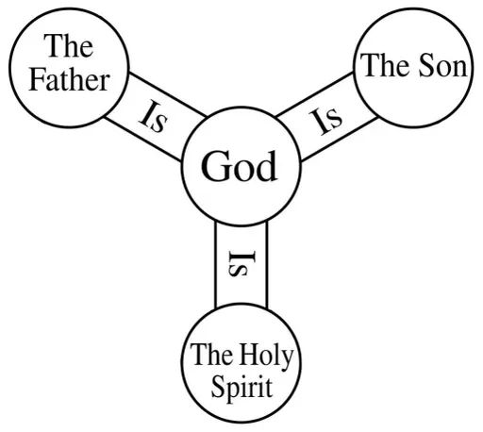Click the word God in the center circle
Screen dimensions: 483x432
(240, 166)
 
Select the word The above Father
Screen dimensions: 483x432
(69, 46)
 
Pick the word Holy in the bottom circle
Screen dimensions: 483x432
(267, 357)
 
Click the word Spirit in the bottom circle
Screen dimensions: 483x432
(241, 388)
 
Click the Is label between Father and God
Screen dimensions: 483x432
(153, 116)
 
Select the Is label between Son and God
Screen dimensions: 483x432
(325, 121)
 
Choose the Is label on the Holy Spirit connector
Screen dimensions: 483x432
(241, 263)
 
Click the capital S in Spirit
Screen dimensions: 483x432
(218, 386)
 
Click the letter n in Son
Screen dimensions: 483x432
(459, 69)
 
